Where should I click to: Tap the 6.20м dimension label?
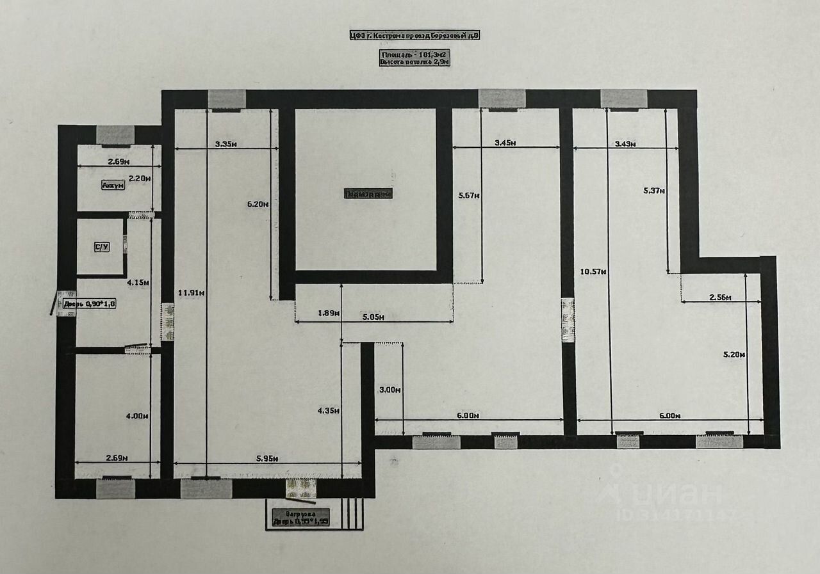click(257, 204)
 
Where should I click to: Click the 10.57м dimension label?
click(593, 271)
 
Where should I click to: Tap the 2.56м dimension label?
click(721, 298)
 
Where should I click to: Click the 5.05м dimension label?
click(372, 317)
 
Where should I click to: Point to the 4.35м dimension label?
click(327, 410)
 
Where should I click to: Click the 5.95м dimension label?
click(266, 458)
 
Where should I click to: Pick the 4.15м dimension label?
click(138, 282)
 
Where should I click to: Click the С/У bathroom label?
click(101, 248)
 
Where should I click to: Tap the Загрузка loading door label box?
click(300, 517)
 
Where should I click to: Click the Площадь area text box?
click(414, 58)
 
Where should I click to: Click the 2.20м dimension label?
click(139, 179)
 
